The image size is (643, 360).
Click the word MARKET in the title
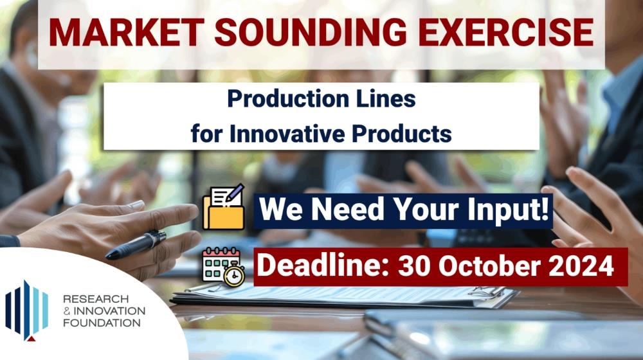pyautogui.click(x=126, y=32)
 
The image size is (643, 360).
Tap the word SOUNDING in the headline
pyautogui.click(x=311, y=32)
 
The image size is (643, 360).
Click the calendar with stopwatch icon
pyautogui.click(x=224, y=267)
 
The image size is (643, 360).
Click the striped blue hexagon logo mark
pyautogui.click(x=26, y=310)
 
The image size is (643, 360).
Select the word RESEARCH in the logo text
pyautogui.click(x=96, y=299)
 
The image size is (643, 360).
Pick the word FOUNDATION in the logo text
pyautogui.click(x=102, y=323)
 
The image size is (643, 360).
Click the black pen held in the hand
pyautogui.click(x=136, y=245)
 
